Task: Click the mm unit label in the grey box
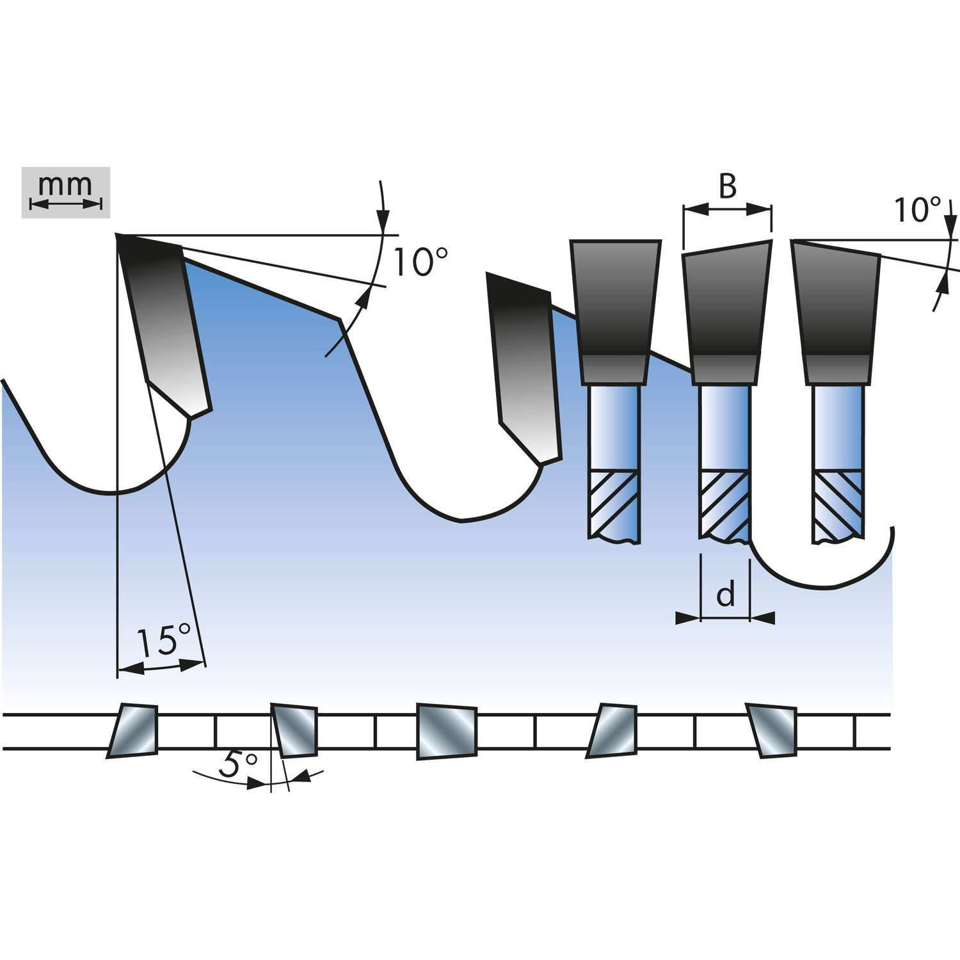[65, 185]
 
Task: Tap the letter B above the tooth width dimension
[728, 186]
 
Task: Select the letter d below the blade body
[725, 595]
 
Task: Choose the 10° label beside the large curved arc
[420, 262]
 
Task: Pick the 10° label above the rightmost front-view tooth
[917, 210]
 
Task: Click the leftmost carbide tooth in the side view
[164, 325]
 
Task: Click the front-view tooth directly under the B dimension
[727, 313]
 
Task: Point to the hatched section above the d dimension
[724, 505]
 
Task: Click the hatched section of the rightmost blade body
[838, 506]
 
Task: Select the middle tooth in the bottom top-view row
[447, 732]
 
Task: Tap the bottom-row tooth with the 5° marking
[294, 730]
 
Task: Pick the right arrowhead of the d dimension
[762, 618]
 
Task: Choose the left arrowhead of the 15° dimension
[131, 669]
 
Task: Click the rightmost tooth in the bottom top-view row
[772, 731]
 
